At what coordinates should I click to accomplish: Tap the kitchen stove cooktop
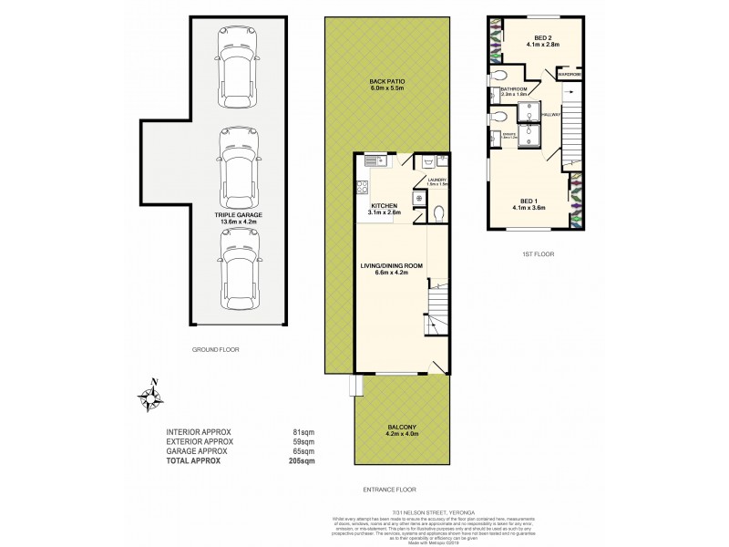[362, 189]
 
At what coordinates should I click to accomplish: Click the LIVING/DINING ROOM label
[390, 267]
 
